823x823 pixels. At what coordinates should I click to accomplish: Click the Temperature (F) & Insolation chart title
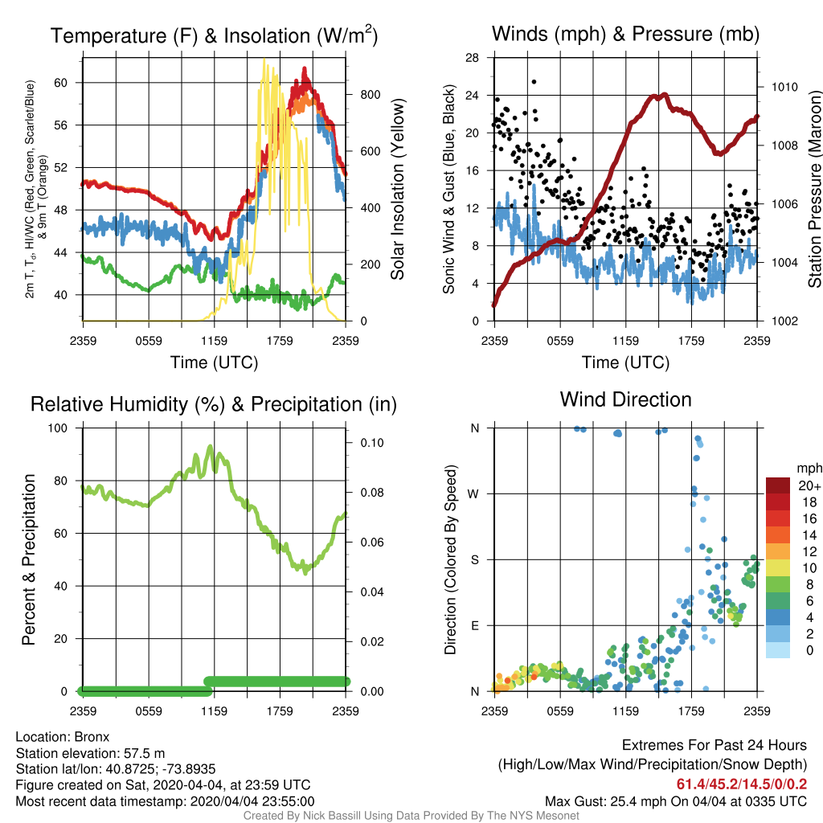214,35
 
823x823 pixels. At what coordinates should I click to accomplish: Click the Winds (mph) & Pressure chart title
625,34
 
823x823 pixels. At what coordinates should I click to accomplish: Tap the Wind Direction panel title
625,399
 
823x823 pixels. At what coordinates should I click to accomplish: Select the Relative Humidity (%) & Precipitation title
214,404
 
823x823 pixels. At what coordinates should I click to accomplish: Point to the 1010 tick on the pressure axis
784,87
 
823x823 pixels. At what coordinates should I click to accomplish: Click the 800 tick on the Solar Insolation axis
371,95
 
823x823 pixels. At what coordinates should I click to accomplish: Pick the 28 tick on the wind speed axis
472,58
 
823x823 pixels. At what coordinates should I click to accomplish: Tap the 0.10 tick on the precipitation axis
372,443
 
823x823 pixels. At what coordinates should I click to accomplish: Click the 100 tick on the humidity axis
58,428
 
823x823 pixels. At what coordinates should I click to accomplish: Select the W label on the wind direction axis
473,494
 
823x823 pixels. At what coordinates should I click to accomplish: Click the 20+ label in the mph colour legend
809,486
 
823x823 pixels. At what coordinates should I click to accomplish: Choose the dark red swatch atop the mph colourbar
778,486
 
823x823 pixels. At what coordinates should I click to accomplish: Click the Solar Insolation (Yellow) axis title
398,189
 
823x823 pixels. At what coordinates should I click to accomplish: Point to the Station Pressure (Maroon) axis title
815,189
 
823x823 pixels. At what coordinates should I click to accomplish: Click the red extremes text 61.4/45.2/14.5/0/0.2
742,784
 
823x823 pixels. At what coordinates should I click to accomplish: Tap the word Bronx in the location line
92,737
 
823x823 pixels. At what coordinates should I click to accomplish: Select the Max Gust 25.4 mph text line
675,801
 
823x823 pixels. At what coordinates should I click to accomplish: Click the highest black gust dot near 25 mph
534,82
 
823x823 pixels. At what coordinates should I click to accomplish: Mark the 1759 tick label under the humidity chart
280,711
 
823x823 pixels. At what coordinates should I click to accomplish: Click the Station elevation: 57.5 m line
90,754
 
